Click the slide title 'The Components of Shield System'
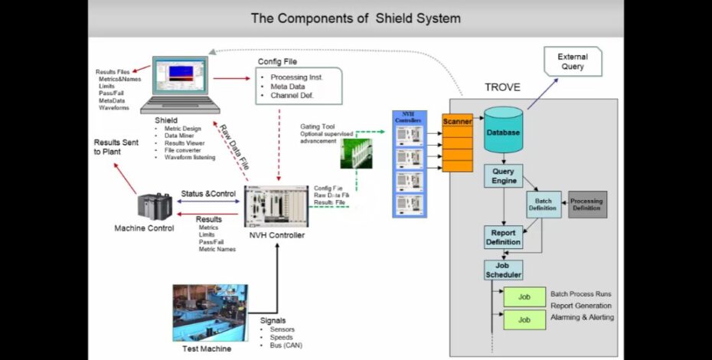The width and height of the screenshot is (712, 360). click(x=355, y=18)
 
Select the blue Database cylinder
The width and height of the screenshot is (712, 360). click(x=504, y=130)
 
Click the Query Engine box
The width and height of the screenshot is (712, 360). click(x=503, y=176)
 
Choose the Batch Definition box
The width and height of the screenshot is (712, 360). click(x=543, y=204)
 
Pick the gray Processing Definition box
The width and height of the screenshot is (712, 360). click(x=587, y=205)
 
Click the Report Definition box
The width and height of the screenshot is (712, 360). click(x=503, y=237)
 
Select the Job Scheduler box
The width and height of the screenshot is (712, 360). click(x=503, y=270)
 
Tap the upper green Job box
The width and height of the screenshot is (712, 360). click(x=524, y=296)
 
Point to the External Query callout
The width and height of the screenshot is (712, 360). click(x=572, y=62)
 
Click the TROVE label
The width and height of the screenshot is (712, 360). click(x=502, y=87)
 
